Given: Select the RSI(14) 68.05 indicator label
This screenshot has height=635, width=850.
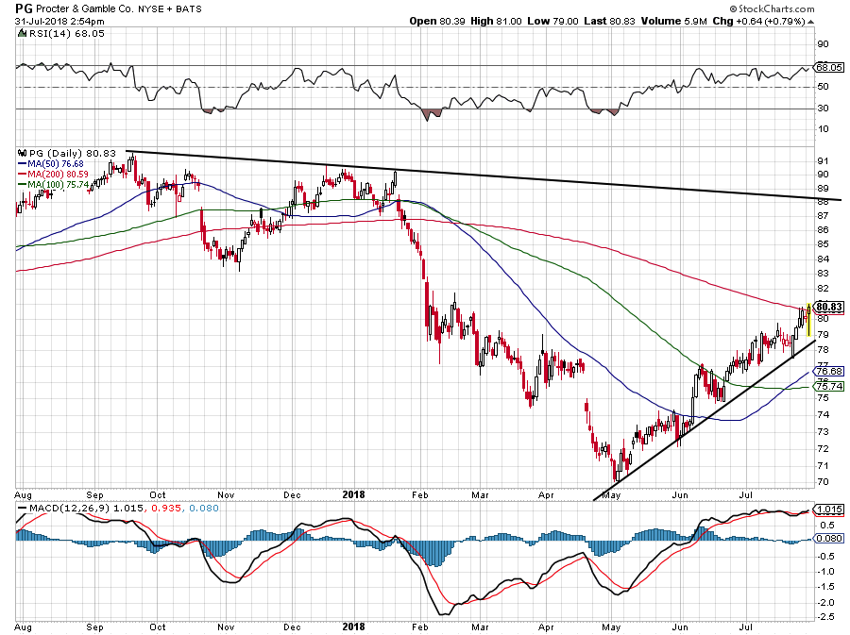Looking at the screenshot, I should pos(50,33).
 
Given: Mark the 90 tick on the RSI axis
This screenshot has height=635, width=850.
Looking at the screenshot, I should pos(823,44).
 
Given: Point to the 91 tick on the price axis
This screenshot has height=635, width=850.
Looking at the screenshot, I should pos(823,161).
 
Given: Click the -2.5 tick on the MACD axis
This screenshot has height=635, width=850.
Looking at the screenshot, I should pos(825,617).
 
